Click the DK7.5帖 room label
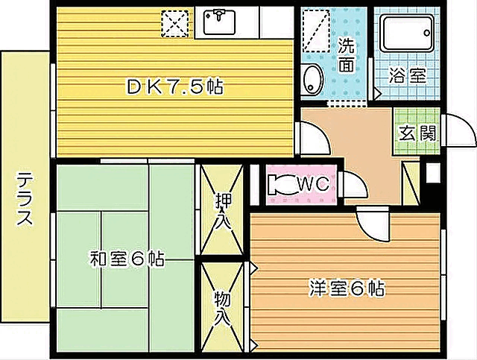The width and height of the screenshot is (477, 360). click(175, 87)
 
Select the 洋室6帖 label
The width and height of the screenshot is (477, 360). click(347, 288)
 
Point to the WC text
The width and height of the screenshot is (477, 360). click(314, 183)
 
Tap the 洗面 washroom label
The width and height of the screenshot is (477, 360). click(346, 54)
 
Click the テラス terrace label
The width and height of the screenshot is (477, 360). click(25, 199)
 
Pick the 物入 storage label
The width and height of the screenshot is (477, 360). click(222, 307)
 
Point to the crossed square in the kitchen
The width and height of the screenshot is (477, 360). click(177, 23)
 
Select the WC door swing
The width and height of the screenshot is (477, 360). click(353, 184)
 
